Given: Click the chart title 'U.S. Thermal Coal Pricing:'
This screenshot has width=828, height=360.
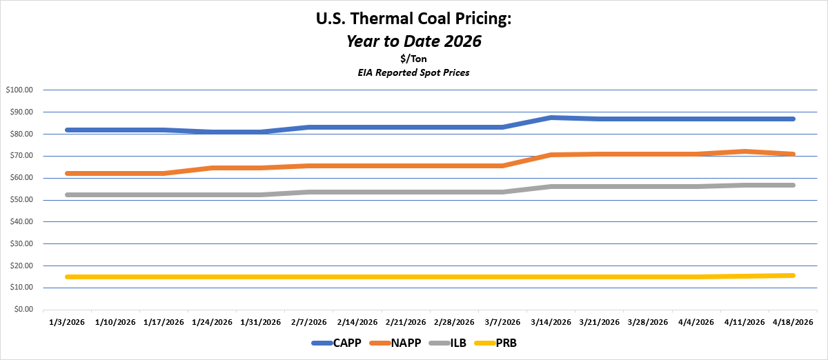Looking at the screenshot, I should point(413,19).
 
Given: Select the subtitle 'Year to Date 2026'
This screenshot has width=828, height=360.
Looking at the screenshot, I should point(413,41).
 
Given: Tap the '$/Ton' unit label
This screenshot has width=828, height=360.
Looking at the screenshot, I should point(413,59).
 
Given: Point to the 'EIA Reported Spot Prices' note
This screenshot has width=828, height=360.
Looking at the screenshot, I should point(413,72).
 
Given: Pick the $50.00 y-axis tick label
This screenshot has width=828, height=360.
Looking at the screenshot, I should point(21,200).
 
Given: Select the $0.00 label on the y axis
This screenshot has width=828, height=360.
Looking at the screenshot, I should point(23,310).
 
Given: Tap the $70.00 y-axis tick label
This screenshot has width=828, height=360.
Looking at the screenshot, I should point(21,156).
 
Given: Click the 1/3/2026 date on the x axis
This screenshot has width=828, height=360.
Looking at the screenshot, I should point(67,322).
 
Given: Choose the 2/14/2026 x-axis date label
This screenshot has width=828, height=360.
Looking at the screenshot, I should point(357,322).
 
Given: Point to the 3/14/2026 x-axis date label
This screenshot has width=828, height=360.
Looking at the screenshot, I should point(551,322).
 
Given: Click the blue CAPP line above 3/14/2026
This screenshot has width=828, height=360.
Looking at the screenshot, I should point(551,118).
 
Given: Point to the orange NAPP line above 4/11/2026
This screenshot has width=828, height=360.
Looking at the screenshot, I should point(745,151).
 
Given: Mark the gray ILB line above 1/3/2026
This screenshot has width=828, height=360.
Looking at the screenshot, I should point(67,194).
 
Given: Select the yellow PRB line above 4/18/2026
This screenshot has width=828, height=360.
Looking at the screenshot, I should point(792,275).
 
